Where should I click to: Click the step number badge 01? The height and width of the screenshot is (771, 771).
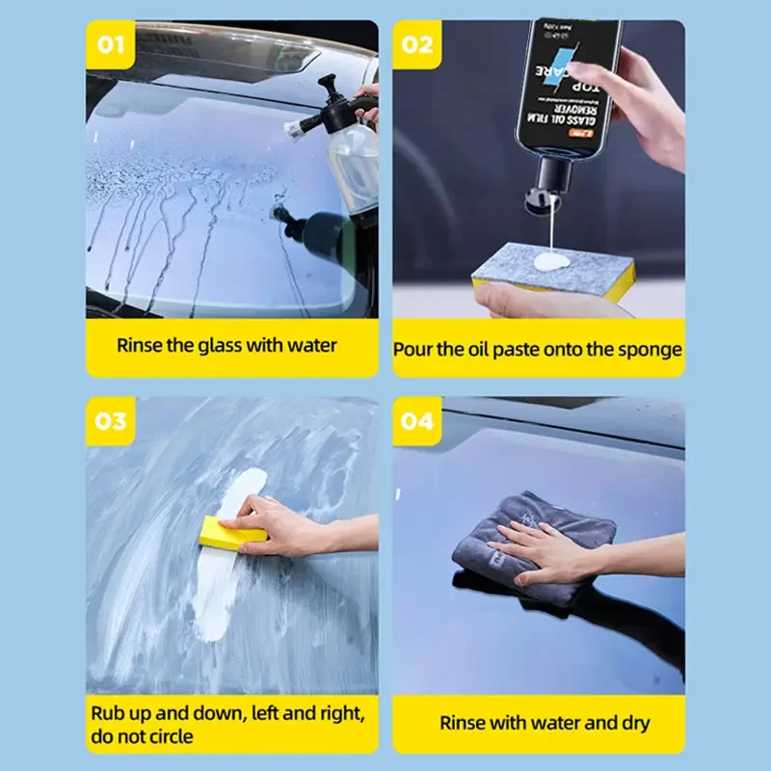point(110,44)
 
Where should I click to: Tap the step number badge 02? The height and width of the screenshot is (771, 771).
point(416,44)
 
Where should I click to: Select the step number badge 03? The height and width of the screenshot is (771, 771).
point(110,421)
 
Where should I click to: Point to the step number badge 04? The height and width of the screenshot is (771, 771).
point(416,421)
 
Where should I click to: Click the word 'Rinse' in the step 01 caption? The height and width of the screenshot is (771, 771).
point(140,345)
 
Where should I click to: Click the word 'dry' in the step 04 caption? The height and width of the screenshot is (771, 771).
point(634,723)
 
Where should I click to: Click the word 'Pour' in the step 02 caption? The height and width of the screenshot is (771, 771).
point(412,350)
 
